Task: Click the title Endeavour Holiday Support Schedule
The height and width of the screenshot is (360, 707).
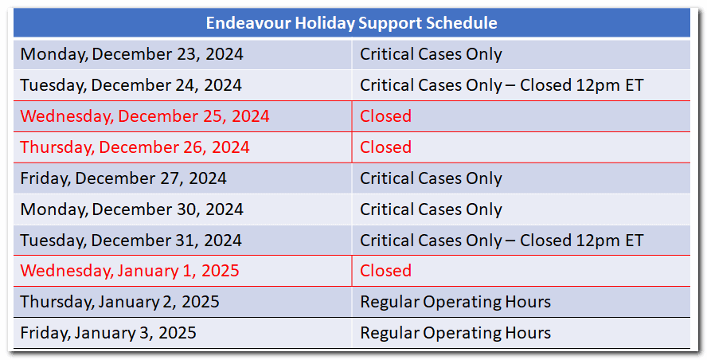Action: click(x=351, y=22)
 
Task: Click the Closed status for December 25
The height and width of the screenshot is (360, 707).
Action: click(x=385, y=116)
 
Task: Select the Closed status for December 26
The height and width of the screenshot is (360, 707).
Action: click(x=385, y=147)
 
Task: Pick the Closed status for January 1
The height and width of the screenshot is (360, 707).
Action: click(x=385, y=271)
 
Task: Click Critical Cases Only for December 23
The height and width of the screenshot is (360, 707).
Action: click(x=431, y=54)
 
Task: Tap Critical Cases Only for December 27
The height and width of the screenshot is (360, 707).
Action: click(x=431, y=178)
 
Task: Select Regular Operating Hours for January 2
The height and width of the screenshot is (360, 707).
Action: click(x=455, y=302)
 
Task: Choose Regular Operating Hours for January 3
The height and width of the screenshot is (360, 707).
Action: click(x=455, y=333)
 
